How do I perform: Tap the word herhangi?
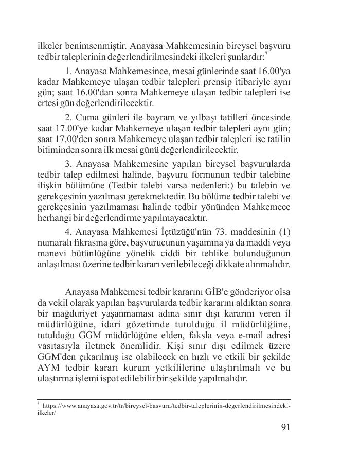(51, 219)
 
